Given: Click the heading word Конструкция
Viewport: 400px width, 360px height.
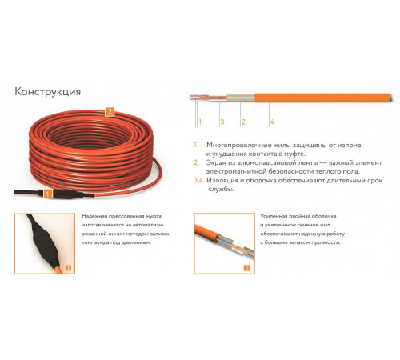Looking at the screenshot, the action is click(x=47, y=91).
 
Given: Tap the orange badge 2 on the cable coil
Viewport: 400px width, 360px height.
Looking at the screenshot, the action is click(x=110, y=111).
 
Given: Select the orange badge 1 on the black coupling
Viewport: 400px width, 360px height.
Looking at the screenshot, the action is click(x=47, y=194).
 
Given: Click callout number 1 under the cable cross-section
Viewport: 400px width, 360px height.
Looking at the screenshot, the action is click(x=200, y=122).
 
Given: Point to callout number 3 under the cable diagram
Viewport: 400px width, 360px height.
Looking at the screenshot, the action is click(x=222, y=122).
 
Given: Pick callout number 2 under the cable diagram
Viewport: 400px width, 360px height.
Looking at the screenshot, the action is click(x=243, y=122).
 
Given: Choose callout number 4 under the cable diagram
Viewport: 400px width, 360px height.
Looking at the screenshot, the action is click(x=272, y=122).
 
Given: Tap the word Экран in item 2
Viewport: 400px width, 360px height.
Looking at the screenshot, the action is click(x=215, y=162).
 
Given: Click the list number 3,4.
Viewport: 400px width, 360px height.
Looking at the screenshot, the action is click(x=199, y=181).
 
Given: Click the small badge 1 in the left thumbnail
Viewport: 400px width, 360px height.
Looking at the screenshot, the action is click(x=68, y=267).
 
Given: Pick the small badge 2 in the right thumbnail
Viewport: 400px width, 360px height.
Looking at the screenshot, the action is click(x=247, y=267).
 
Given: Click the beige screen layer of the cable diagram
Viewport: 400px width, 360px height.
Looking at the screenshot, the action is click(x=241, y=98).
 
